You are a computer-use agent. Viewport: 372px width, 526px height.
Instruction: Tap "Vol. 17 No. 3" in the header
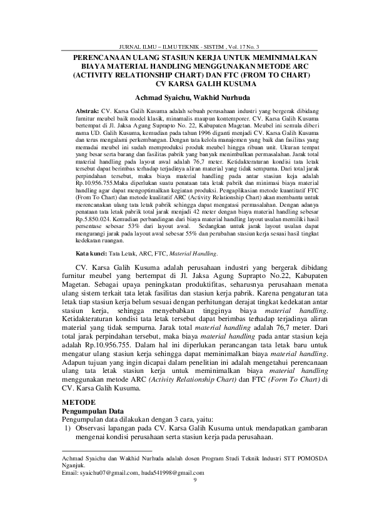[248, 47]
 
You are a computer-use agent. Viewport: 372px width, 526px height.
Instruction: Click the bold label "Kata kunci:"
[91, 254]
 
